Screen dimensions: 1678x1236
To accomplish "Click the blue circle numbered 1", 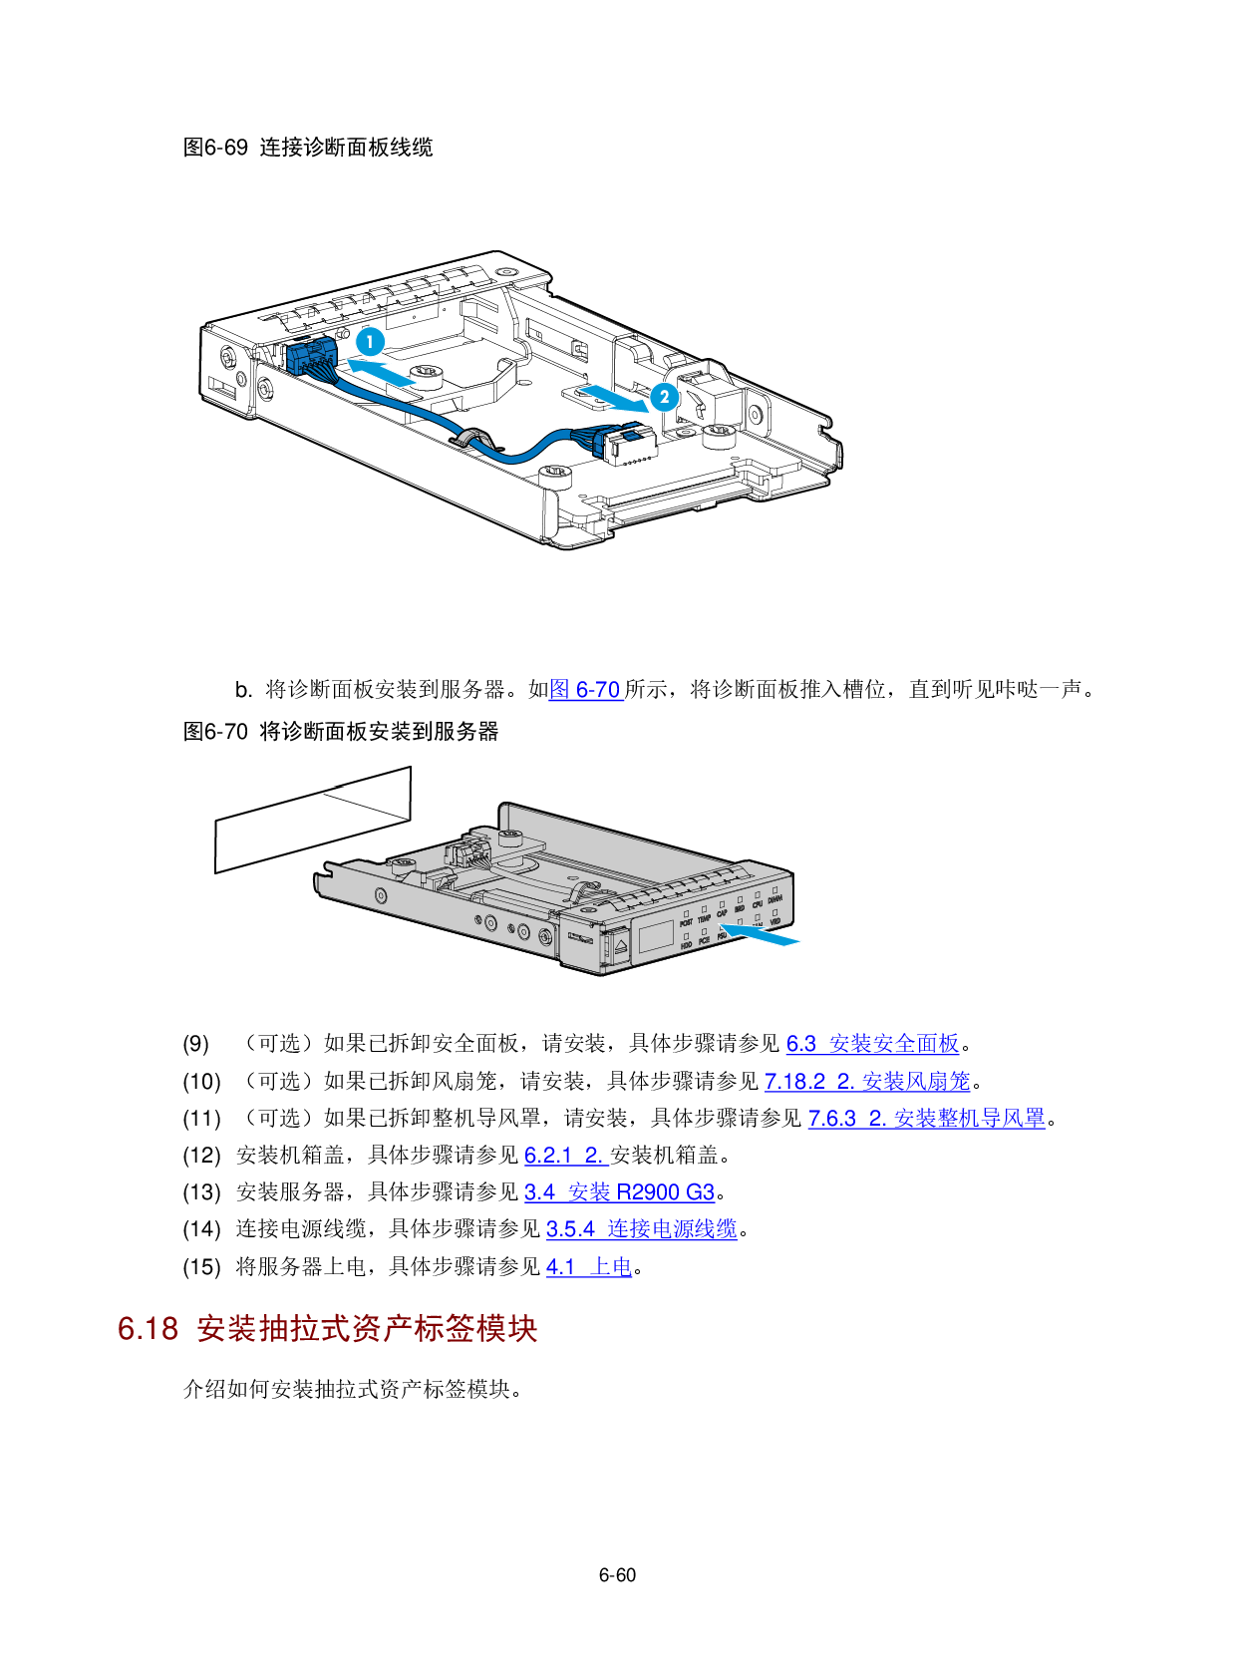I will point(370,342).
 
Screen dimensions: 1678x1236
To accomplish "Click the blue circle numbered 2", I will point(665,397).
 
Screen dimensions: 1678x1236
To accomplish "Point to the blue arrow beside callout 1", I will point(382,372).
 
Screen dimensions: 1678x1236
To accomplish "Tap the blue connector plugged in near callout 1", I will point(310,356).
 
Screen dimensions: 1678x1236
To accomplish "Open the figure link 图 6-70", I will point(586,690).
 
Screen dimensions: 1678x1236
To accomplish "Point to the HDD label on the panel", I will point(687,944).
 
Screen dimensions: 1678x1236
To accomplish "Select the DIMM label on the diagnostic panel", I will point(774,899).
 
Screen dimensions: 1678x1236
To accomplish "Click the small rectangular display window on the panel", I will point(656,934).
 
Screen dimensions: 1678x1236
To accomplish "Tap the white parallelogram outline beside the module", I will point(313,820).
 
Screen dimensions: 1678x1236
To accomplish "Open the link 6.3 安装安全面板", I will point(872,1044).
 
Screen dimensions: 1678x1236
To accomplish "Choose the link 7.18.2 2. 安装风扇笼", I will point(867,1081).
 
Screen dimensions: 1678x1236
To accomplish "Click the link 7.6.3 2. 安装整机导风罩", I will point(926,1118).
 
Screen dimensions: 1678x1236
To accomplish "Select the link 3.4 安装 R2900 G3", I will point(619,1192).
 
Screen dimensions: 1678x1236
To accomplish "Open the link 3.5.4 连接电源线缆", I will point(641,1229).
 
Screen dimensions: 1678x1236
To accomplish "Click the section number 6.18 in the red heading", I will point(148,1329).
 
